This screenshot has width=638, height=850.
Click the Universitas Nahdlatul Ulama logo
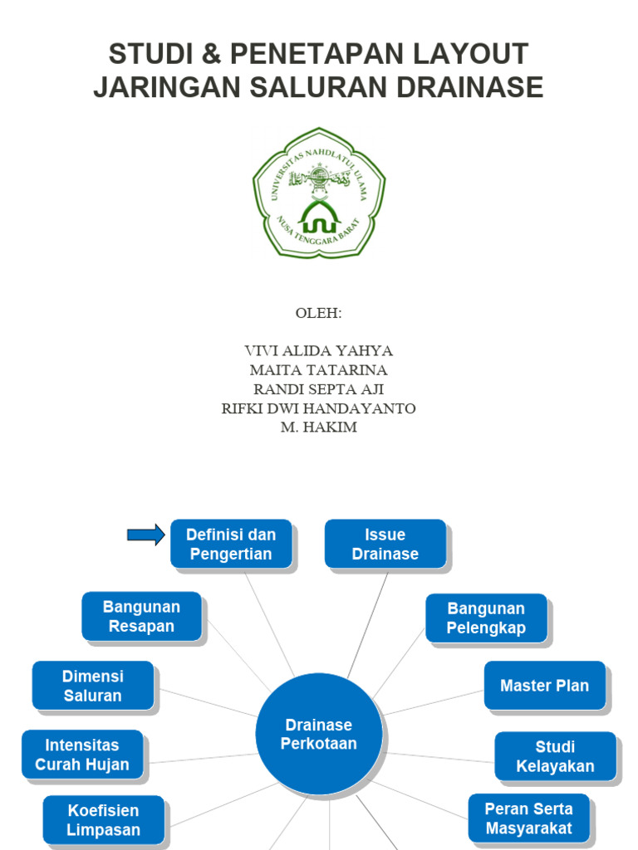[x=319, y=193]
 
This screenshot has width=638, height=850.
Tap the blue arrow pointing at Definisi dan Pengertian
[x=146, y=535]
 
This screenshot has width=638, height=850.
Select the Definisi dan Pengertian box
[x=231, y=545]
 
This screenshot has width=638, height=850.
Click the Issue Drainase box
[x=385, y=545]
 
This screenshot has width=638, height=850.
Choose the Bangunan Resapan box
[x=141, y=617]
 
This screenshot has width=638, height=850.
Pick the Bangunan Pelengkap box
[x=486, y=618]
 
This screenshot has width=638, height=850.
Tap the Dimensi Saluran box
[x=93, y=686]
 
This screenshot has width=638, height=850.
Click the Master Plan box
[x=545, y=686]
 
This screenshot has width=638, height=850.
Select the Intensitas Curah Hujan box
[x=82, y=755]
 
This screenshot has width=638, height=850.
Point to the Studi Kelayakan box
[x=555, y=756]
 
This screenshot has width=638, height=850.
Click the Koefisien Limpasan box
[x=104, y=820]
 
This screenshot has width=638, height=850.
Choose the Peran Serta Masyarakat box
[x=528, y=818]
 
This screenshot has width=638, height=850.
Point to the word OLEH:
[x=319, y=314]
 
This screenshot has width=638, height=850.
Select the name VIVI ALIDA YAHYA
[x=319, y=350]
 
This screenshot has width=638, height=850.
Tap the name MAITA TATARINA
[x=319, y=370]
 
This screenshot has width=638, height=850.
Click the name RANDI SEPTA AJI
[x=319, y=389]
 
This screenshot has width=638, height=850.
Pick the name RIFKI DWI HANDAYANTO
[x=319, y=408]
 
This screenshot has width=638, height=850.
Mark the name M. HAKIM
[x=319, y=427]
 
